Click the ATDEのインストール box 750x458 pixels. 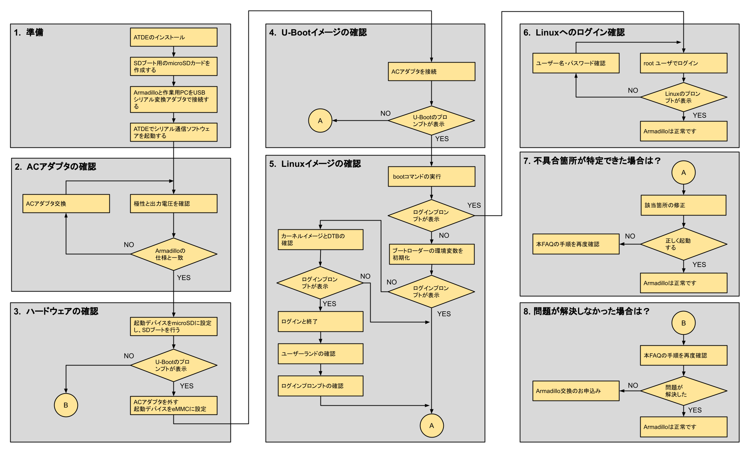[173, 37]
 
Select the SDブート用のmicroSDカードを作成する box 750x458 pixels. [173, 66]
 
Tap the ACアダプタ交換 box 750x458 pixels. [66, 203]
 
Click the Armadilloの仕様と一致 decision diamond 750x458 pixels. [173, 254]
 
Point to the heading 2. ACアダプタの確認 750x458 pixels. [55, 167]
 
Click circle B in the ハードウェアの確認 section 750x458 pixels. [66, 405]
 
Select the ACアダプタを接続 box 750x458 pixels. [431, 71]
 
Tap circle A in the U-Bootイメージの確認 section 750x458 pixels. [320, 120]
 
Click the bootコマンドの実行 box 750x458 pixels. [431, 177]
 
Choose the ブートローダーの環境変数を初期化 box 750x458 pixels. [432, 254]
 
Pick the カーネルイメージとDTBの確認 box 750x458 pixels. [320, 240]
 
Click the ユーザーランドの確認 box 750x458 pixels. [320, 354]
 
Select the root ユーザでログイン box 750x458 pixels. [683, 63]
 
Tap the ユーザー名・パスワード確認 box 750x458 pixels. [576, 63]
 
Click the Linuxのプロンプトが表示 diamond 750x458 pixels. [683, 97]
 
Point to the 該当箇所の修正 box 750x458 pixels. [683, 205]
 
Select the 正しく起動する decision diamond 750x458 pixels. [683, 244]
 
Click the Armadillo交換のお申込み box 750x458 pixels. [576, 391]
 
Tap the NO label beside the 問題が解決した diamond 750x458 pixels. [633, 385]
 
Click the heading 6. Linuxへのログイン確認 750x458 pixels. [574, 33]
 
